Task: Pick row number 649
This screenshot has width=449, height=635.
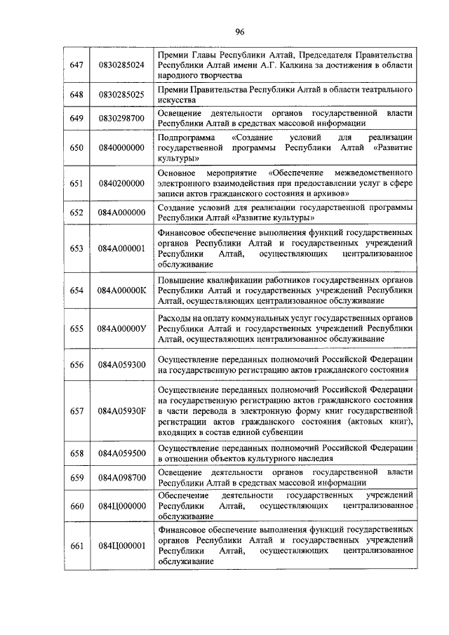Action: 77,118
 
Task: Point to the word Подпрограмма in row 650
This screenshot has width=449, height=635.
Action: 184,138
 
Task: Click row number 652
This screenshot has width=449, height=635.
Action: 77,213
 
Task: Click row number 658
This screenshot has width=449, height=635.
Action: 77,453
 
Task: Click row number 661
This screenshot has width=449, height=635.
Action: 77,546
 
